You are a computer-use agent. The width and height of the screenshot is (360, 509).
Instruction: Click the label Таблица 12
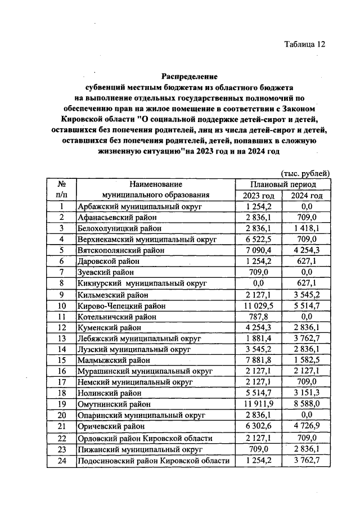pyautogui.click(x=305, y=44)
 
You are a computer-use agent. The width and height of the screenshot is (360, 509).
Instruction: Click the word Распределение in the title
pyautogui.click(x=190, y=76)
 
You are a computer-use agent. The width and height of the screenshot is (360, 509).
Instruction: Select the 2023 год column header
pyautogui.click(x=259, y=195)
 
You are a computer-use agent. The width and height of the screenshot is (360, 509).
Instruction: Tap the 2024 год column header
pyautogui.click(x=307, y=195)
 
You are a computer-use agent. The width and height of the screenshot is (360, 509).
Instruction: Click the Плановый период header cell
pyautogui.click(x=283, y=184)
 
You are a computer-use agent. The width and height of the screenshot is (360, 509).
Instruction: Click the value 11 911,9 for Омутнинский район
pyautogui.click(x=259, y=404)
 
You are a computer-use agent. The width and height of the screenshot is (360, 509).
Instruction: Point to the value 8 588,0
pyautogui.click(x=307, y=404)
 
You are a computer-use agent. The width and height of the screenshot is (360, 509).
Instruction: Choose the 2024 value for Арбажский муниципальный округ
pyautogui.click(x=307, y=206)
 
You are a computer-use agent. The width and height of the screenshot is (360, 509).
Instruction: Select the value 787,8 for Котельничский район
pyautogui.click(x=259, y=316)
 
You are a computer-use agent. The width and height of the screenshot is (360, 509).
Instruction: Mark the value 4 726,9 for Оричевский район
pyautogui.click(x=307, y=426)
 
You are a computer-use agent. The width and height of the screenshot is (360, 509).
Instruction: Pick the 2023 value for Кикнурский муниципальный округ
pyautogui.click(x=259, y=283)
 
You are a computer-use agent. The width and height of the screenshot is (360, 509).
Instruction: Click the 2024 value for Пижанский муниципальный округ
pyautogui.click(x=307, y=449)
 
